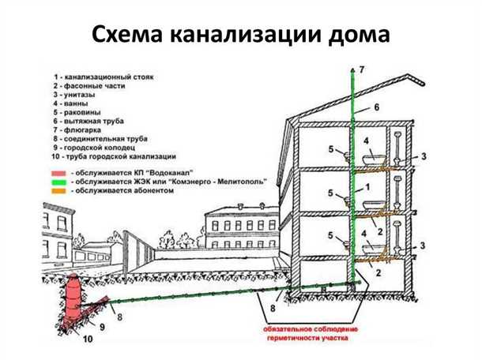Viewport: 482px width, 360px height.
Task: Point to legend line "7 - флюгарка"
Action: (x=82, y=129)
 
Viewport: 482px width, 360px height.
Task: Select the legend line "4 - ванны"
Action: (x=77, y=103)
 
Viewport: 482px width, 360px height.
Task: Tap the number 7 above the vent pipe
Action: (x=362, y=71)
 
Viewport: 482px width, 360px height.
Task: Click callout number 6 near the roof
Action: (x=377, y=106)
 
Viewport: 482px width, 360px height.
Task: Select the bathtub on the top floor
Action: (x=371, y=160)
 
